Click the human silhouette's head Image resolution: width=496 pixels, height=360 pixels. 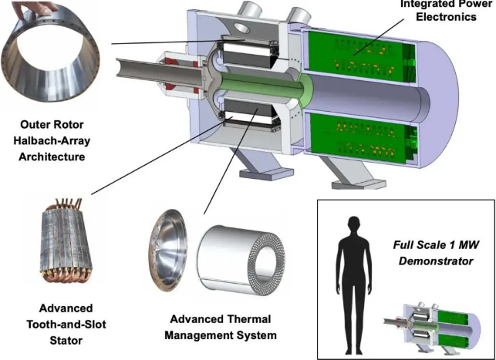pos(354,226)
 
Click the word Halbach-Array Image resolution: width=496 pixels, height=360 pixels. pos(58,144)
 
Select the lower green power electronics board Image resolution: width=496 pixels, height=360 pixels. pos(355,134)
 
